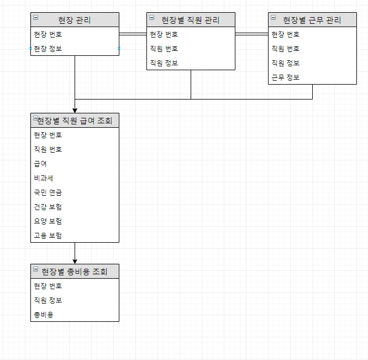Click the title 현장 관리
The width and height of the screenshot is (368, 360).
tap(75, 20)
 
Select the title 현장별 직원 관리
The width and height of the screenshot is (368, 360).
tap(191, 20)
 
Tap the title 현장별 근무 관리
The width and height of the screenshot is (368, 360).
tap(312, 20)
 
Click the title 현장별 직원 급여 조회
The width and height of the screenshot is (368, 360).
tap(75, 121)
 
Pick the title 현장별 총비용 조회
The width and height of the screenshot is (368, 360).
tap(75, 272)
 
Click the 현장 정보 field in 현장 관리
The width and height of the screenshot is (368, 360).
tap(48, 49)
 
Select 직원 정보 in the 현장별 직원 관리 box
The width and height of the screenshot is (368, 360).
tap(164, 63)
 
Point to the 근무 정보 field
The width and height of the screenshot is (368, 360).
tap(285, 77)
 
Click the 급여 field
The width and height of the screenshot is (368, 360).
tap(40, 164)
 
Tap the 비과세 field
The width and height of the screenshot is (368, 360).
tap(44, 178)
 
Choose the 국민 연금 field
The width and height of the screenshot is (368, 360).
tap(48, 192)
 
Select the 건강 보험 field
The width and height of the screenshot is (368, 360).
tap(48, 207)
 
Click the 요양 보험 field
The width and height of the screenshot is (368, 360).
tap(48, 221)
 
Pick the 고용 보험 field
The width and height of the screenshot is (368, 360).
tap(48, 236)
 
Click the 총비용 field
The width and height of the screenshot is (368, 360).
tap(44, 315)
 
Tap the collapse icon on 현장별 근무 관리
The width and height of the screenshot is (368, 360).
tap(273, 17)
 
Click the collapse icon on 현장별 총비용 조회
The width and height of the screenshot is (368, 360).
tap(36, 269)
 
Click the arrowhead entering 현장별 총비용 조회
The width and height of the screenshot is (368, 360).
tap(75, 262)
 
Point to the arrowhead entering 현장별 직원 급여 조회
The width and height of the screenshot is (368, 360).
tap(75, 111)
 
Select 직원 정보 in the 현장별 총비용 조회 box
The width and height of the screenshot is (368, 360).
tap(48, 300)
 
